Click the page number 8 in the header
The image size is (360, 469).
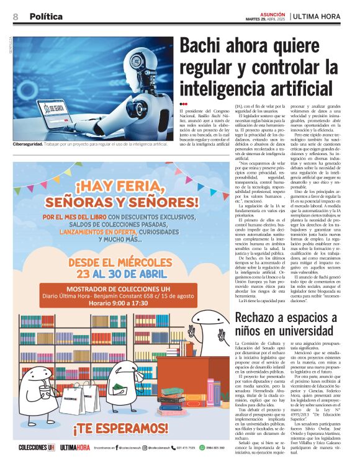pos(16,17)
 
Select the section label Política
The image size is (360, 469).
pos(46,17)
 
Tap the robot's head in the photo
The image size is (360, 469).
pos(141,62)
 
